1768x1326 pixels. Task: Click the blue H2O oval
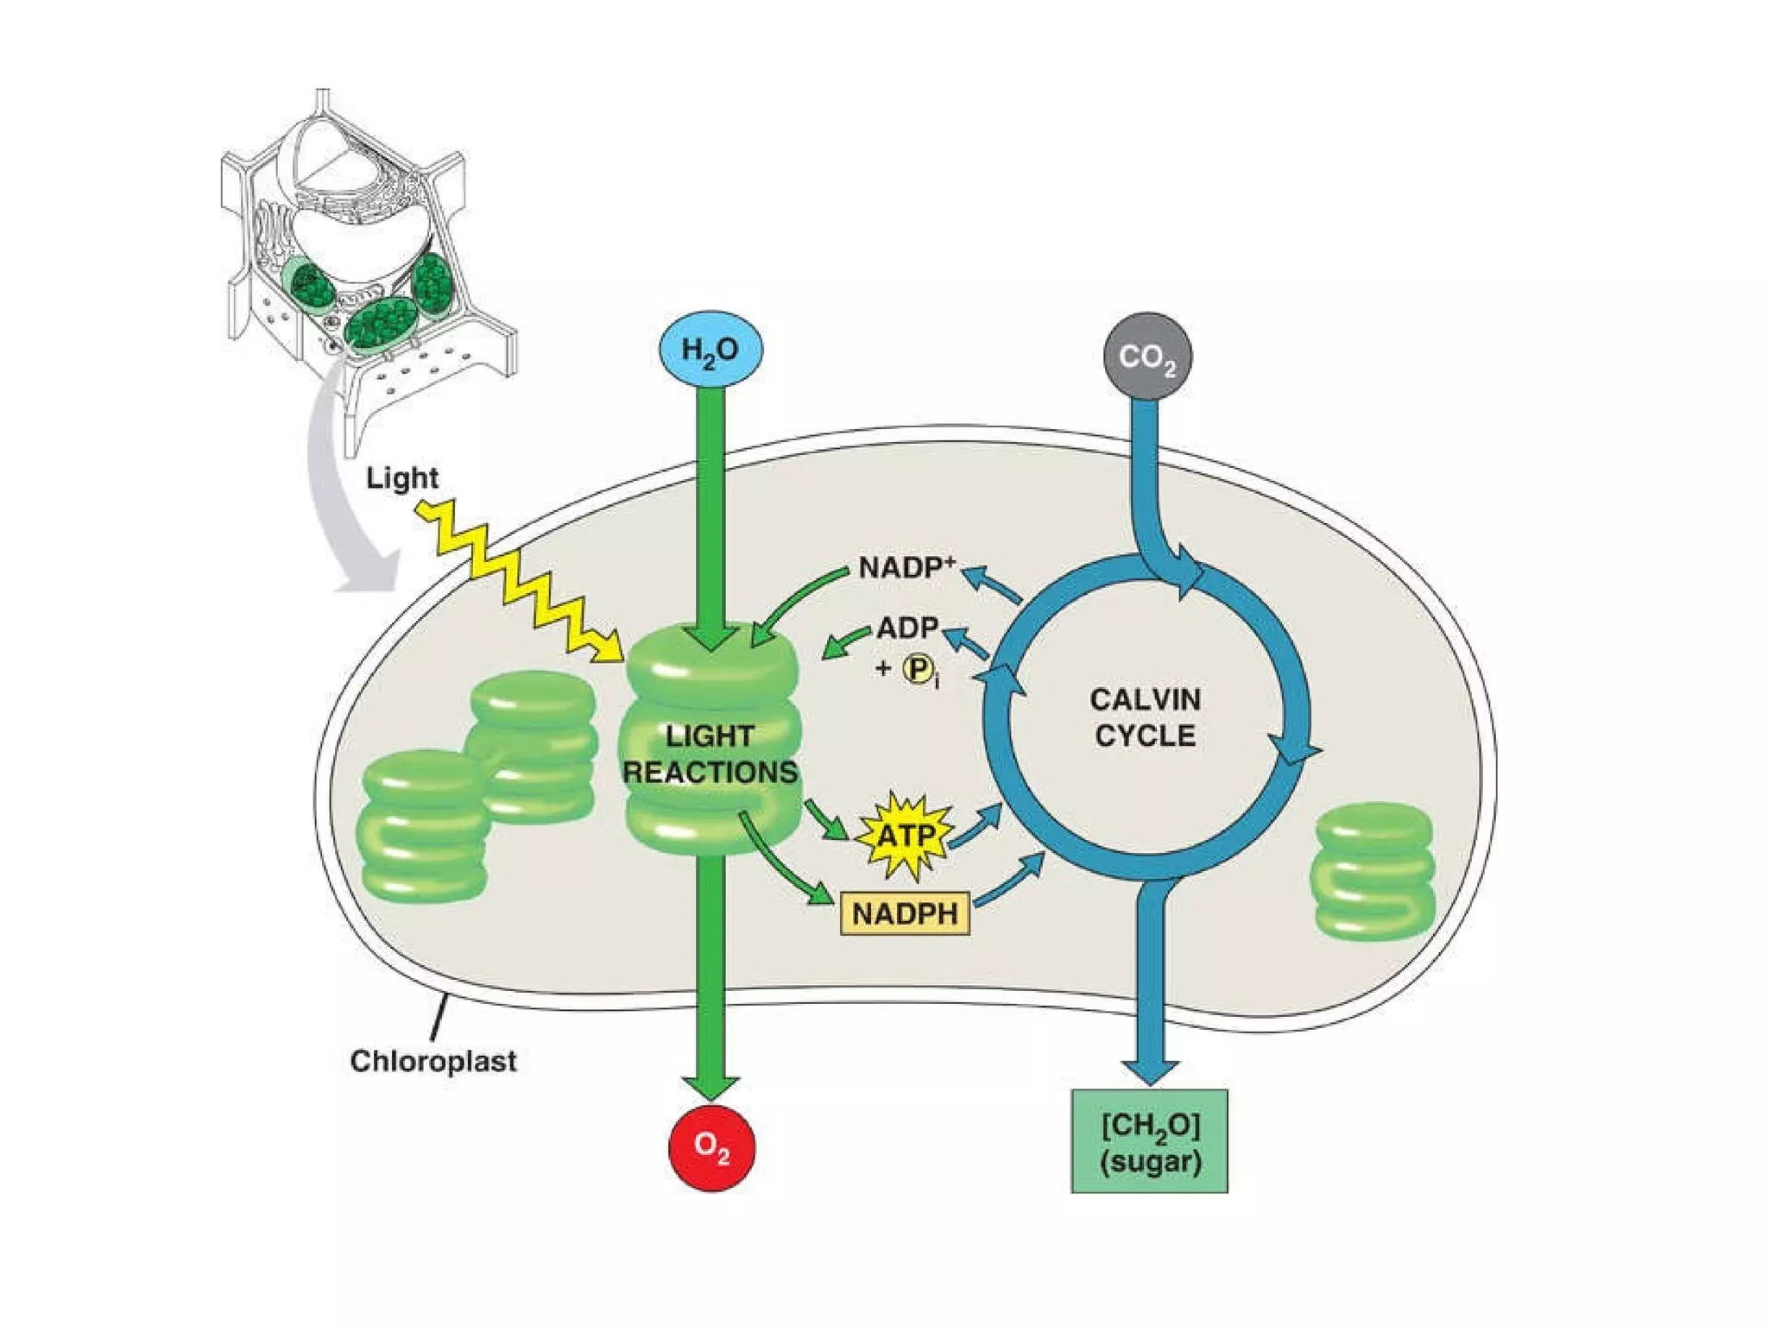710,351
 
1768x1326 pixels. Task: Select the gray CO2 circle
1147,357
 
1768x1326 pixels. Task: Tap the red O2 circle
712,1147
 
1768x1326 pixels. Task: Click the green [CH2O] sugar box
1149,1141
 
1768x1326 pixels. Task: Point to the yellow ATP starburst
905,835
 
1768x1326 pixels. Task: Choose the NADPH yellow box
905,913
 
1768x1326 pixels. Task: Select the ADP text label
907,628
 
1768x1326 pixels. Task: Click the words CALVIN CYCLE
1145,717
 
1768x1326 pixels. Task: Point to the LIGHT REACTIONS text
710,754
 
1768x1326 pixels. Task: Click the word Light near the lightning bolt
401,477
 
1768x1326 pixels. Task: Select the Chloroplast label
433,1060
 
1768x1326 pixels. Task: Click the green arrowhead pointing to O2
710,1087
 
